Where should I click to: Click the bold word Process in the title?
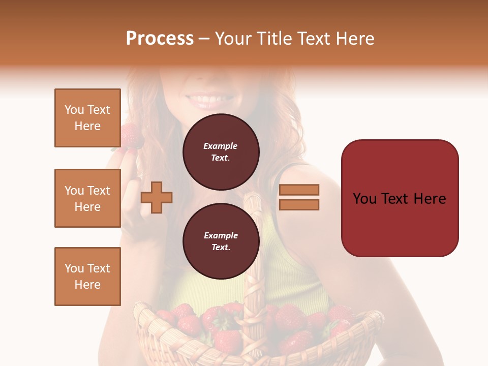[160, 39]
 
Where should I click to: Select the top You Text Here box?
[87, 118]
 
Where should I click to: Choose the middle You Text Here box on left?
[87, 198]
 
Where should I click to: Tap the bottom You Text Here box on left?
[87, 277]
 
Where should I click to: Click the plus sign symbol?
[157, 197]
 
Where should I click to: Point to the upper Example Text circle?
[221, 152]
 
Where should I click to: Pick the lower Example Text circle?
[221, 241]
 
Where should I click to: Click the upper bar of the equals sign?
[299, 190]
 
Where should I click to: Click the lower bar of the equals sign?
[299, 204]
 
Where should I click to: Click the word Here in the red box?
[430, 199]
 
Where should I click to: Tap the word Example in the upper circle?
[221, 146]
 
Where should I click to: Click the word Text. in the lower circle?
[221, 248]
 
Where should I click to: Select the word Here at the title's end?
[355, 39]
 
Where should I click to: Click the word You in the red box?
[365, 199]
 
